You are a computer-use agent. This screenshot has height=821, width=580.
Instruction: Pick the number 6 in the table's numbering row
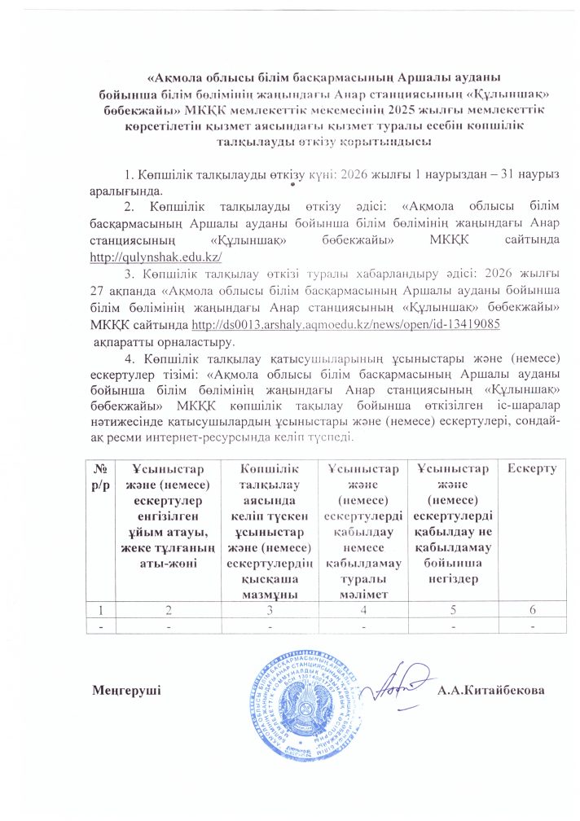532,610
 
